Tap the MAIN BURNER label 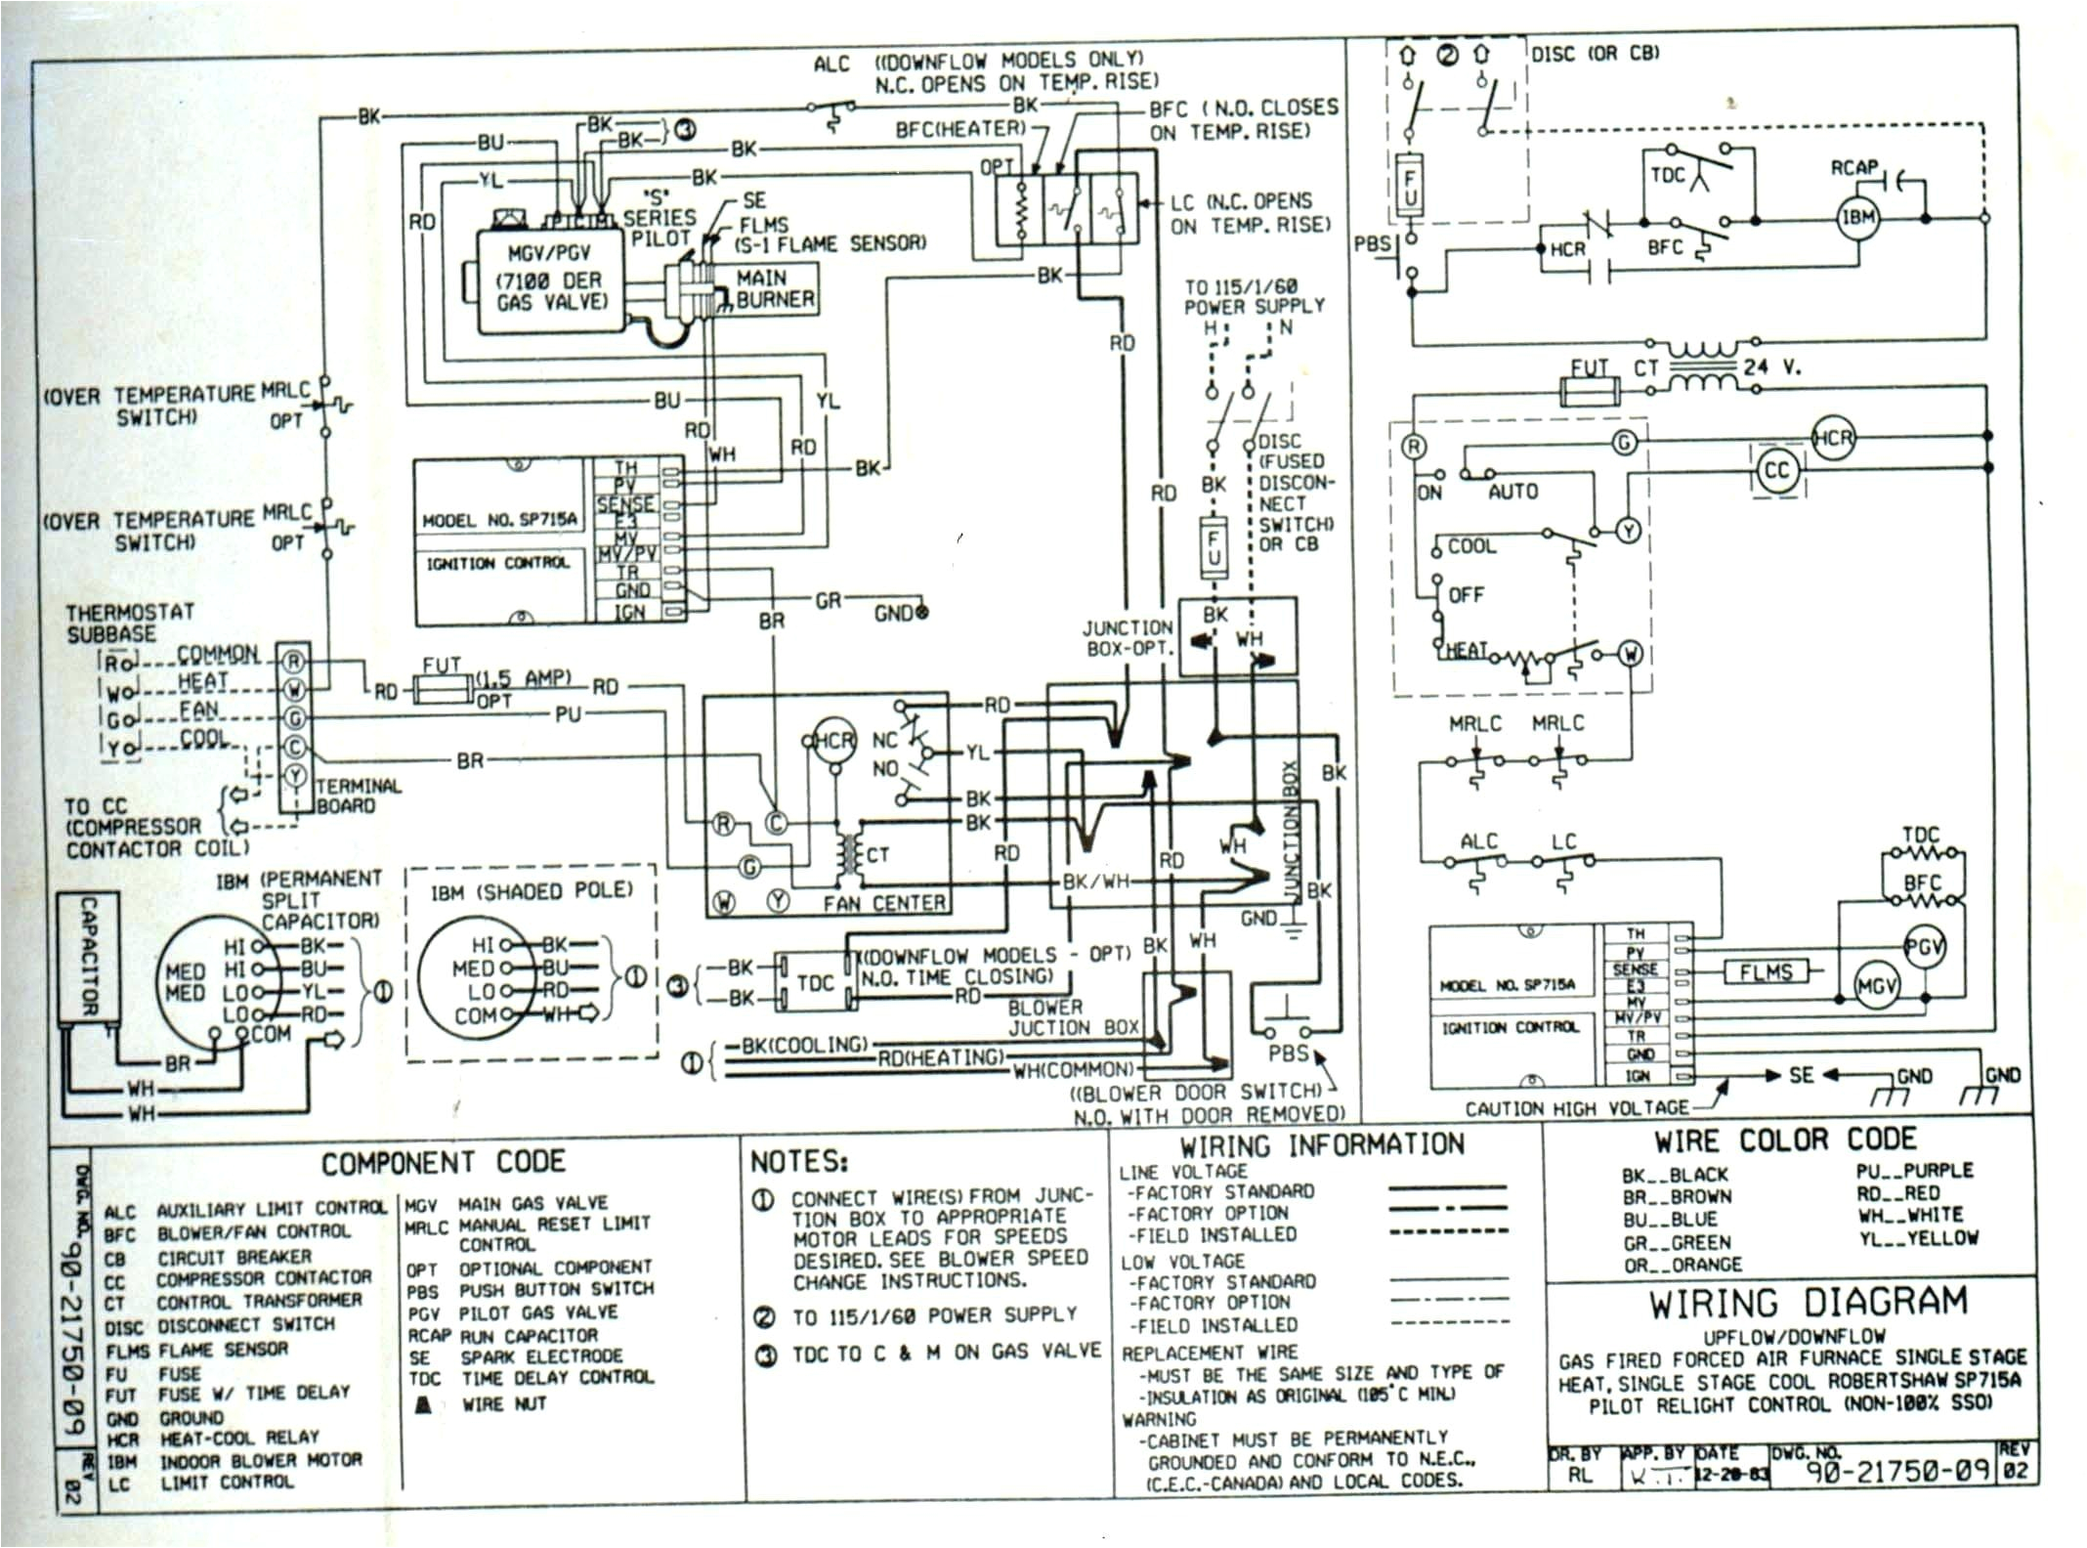774,289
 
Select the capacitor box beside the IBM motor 89,957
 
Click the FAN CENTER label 883,904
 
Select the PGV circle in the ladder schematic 1924,946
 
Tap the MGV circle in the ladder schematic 1875,987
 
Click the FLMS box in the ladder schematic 1766,972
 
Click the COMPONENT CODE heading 444,1162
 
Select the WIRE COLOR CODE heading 1784,1140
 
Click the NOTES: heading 798,1161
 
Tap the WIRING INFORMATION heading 1322,1145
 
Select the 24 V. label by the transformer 1771,368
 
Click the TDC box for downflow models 815,982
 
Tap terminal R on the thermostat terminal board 294,662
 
